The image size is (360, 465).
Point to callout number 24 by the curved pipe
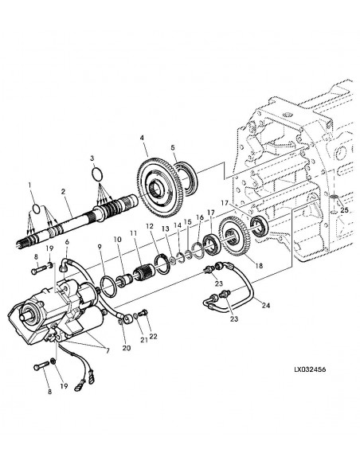265,304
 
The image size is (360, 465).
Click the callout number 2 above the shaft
63,192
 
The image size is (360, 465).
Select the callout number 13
165,229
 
